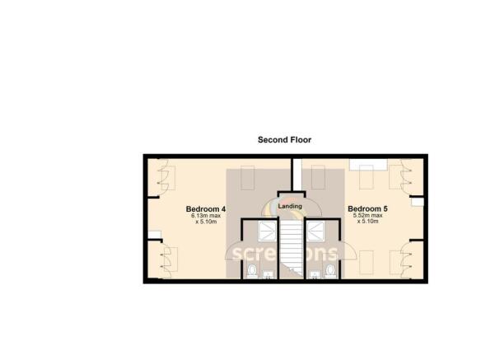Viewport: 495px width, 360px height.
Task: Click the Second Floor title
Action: point(284,140)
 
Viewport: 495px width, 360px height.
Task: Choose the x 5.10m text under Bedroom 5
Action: point(367,222)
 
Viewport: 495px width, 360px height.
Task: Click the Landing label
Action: point(289,206)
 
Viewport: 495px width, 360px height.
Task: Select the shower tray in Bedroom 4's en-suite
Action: point(267,232)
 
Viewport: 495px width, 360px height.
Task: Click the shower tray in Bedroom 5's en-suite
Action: point(315,232)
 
